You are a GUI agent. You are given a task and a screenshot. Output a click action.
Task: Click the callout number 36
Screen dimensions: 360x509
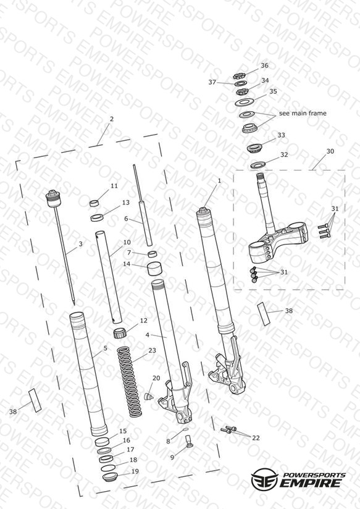264,65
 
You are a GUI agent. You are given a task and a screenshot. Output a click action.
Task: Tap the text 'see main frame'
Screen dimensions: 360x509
303,113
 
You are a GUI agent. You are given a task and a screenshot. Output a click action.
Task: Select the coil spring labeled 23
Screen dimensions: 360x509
130,382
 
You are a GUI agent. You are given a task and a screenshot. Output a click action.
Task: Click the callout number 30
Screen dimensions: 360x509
330,151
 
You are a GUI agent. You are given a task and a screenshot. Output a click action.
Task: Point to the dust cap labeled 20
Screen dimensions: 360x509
148,397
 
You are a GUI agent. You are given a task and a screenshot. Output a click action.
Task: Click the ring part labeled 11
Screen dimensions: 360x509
94,203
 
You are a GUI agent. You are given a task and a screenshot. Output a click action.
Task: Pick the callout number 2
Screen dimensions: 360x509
112,119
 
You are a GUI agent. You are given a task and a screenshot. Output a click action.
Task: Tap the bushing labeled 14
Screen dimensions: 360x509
155,269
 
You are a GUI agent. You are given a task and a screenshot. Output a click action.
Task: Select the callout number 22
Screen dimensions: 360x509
256,438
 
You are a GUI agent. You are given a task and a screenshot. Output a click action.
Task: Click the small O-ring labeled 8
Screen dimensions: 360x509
186,429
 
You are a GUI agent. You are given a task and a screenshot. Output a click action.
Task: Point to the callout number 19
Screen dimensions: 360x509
135,471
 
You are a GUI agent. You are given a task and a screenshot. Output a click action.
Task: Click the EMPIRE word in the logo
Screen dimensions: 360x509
311,482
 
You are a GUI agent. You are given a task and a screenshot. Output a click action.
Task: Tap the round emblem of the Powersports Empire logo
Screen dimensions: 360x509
264,479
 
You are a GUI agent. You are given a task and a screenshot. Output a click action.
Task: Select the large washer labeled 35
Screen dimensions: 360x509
244,103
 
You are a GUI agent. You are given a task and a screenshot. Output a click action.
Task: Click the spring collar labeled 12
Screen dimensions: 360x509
120,334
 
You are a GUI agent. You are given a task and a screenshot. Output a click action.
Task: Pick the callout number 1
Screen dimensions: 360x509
219,180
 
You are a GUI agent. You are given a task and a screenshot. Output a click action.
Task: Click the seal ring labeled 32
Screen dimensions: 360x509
258,165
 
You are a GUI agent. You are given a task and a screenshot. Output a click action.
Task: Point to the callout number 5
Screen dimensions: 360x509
105,348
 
